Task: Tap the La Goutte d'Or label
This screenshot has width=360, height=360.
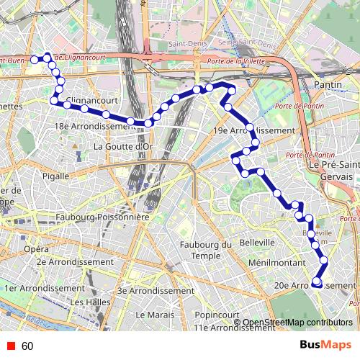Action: (123, 147)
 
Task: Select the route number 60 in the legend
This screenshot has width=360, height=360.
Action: (27, 346)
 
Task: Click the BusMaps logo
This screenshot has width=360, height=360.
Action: (325, 345)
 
